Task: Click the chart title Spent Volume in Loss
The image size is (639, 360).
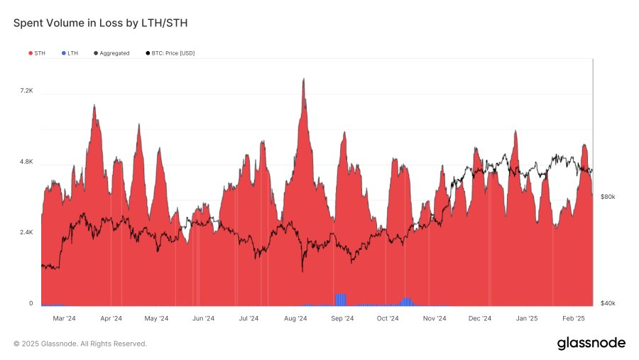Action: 100,23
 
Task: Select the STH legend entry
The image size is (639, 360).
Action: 40,53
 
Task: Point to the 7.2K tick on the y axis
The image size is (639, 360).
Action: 26,91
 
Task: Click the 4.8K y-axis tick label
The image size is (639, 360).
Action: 26,162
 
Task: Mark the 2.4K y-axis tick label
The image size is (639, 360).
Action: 26,233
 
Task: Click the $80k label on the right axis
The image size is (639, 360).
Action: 608,197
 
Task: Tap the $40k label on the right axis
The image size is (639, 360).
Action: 608,304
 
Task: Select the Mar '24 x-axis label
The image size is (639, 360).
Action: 65,319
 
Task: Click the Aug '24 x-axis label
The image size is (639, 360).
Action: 295,319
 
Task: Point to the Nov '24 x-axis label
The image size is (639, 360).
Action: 434,319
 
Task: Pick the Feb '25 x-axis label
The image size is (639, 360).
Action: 573,319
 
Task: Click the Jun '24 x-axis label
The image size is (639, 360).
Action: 203,319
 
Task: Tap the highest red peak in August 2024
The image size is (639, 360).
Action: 304,80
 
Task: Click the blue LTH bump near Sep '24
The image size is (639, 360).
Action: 341,299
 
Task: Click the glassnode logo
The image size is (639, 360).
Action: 591,344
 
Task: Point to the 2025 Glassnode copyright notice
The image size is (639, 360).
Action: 80,344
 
